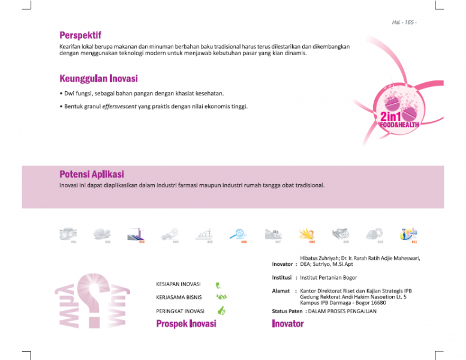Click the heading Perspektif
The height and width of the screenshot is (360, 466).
pos(80,35)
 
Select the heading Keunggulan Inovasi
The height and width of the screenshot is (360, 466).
pos(98,79)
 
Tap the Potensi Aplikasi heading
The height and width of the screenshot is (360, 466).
pos(92,174)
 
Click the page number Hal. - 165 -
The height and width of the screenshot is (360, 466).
pos(404,22)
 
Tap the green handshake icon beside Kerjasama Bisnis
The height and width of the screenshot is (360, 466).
pos(221,297)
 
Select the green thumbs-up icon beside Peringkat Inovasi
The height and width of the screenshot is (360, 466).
pos(221,311)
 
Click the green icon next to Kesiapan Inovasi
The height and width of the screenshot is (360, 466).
pos(219,285)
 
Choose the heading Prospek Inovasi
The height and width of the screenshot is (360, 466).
pos(186,324)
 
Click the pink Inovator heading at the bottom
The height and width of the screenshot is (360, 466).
pos(288,324)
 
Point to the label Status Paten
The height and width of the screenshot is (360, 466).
pos(287,311)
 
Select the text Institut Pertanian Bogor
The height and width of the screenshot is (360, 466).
pos(328,278)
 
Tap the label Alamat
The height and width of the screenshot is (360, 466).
pos(281,291)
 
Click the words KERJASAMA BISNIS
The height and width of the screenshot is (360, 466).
pos(179,297)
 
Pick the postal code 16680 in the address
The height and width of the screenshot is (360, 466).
pos(378,302)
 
